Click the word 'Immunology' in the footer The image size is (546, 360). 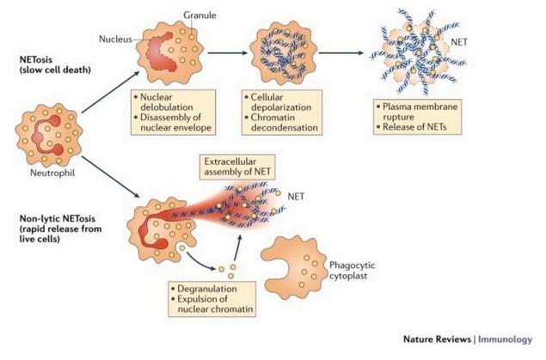pos(505,339)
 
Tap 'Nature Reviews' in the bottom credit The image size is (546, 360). pos(439,339)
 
